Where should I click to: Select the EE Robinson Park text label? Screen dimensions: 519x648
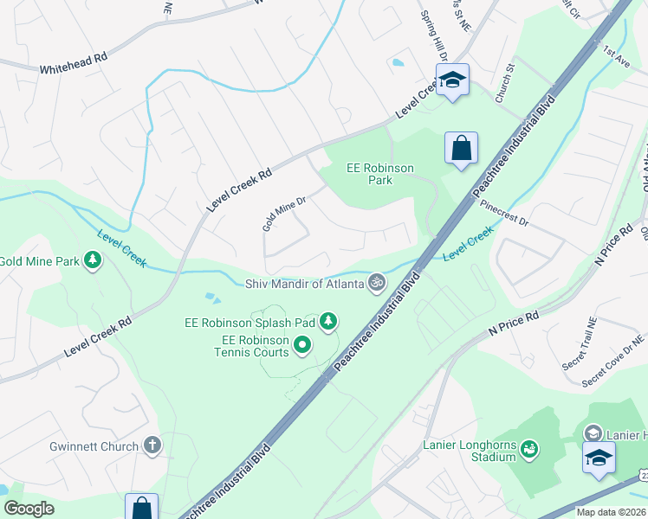tap(380, 174)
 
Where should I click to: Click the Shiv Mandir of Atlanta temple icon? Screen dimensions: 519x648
tap(377, 283)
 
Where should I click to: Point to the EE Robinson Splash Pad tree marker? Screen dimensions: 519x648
tap(327, 323)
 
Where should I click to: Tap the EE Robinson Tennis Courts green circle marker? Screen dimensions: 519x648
tap(302, 346)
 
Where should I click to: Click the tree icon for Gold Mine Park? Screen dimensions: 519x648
tap(92, 260)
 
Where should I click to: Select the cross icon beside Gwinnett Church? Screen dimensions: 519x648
tap(152, 446)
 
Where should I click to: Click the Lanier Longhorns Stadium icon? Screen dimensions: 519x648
tap(528, 449)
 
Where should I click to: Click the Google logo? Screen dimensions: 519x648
tap(29, 509)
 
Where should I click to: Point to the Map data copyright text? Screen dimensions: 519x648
tap(610, 512)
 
